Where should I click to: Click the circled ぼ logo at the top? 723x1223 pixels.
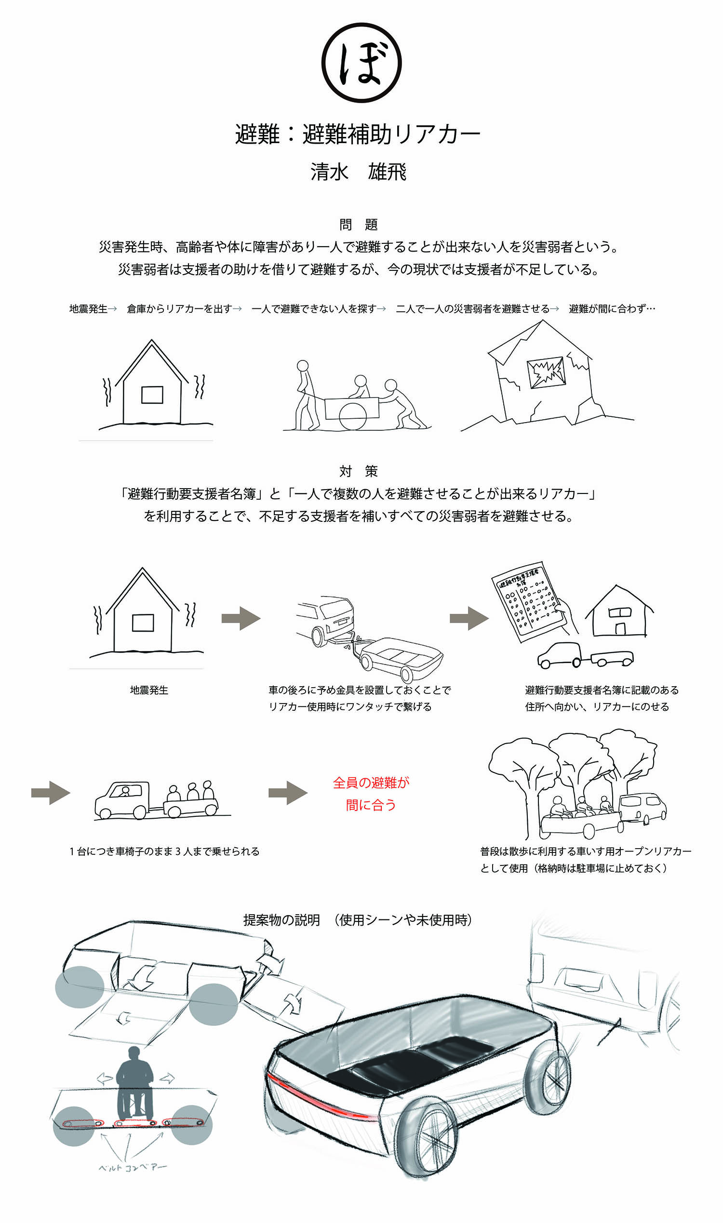tap(361, 63)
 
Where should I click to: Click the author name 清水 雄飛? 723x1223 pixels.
tap(358, 173)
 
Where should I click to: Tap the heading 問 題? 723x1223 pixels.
tap(358, 225)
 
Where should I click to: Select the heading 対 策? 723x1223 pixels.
tap(358, 471)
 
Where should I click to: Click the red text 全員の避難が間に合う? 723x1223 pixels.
tap(371, 794)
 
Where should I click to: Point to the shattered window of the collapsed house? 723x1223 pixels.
tap(546, 373)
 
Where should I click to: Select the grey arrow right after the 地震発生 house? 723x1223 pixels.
tap(241, 619)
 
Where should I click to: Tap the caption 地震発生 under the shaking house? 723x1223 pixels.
tap(149, 690)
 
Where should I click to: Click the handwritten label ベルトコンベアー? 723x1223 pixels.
tap(133, 1168)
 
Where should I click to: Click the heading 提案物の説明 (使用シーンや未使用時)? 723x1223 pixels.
tap(358, 920)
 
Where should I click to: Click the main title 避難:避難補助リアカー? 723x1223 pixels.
tap(358, 134)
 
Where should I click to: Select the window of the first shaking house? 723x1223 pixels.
tap(152, 395)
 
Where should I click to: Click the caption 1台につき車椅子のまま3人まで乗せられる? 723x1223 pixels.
tap(164, 851)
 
